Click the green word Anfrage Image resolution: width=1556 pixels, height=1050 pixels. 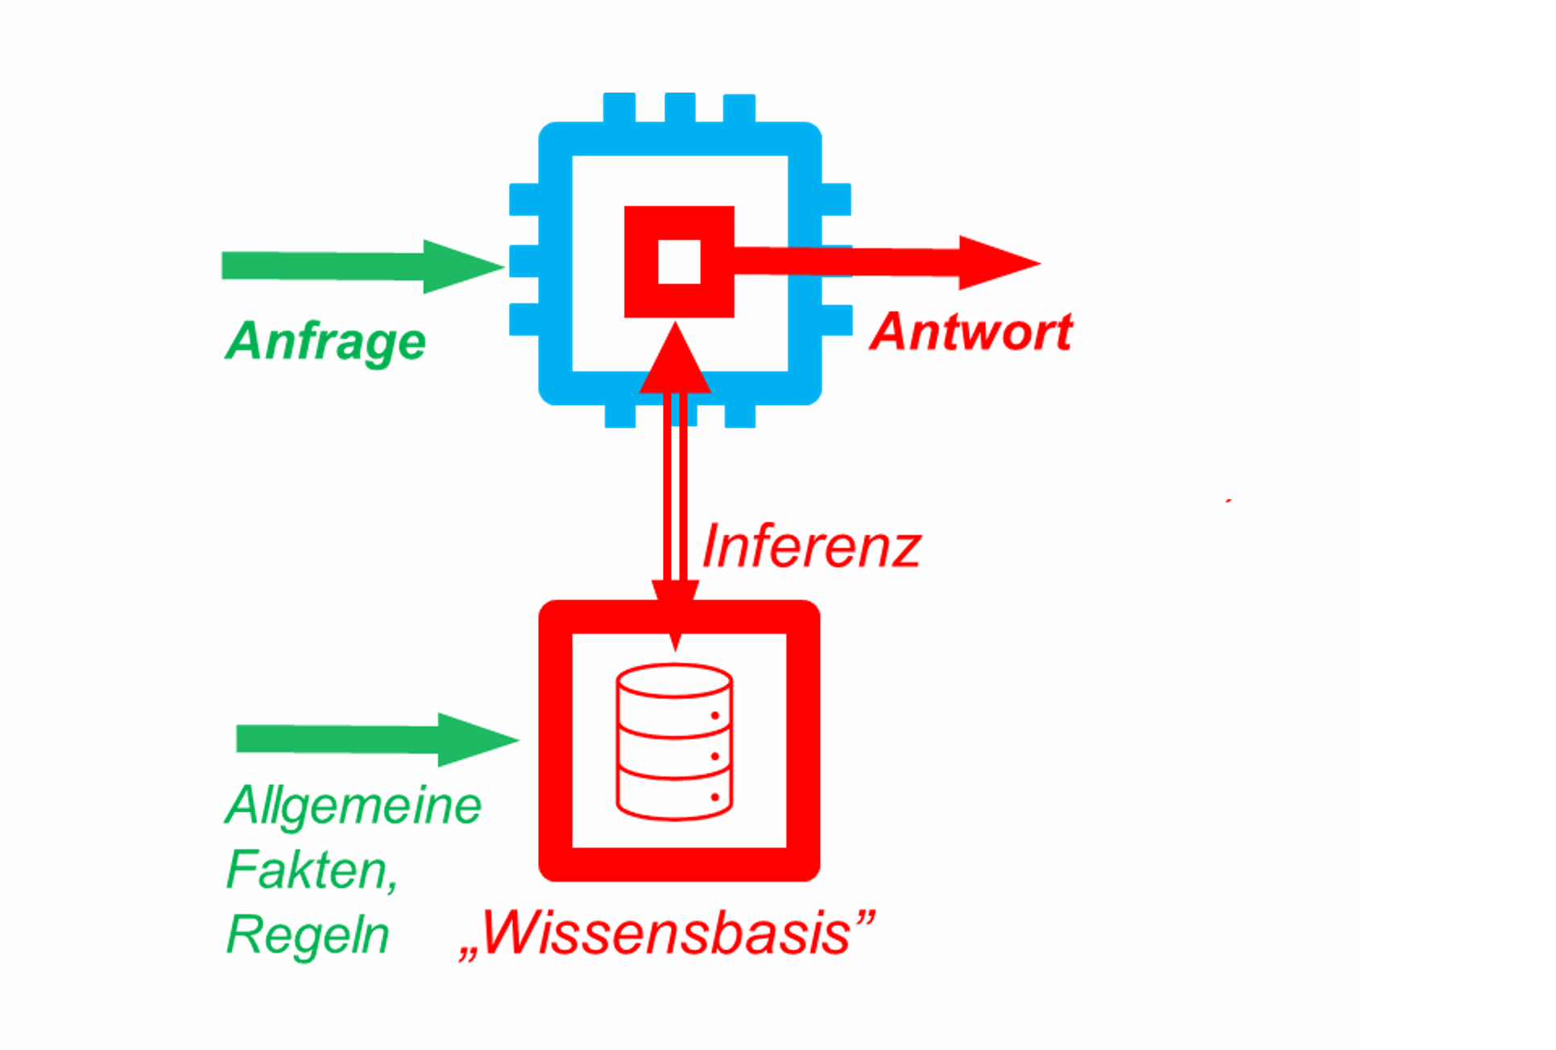tap(325, 341)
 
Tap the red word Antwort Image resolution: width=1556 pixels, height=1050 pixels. tap(971, 332)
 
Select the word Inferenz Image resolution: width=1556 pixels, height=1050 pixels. tap(810, 547)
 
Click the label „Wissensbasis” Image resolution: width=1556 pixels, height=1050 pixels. tap(666, 934)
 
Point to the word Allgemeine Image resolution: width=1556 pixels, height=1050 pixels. tap(353, 805)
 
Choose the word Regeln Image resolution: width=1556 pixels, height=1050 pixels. tap(308, 935)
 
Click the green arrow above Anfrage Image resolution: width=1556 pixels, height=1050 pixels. tap(362, 267)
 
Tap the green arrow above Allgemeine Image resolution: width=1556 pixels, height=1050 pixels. tap(377, 739)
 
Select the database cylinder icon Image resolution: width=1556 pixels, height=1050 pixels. tap(674, 742)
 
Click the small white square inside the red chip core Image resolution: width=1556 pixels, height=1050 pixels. tap(679, 262)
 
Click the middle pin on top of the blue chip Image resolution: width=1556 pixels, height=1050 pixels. tap(680, 107)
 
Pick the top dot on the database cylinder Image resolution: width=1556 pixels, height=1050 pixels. tap(714, 716)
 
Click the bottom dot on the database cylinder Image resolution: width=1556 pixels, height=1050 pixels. tap(714, 798)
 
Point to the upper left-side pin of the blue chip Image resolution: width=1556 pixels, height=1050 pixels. tap(524, 199)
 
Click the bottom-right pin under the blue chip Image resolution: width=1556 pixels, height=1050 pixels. tap(739, 415)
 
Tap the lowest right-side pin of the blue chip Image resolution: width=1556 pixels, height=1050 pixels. tap(837, 320)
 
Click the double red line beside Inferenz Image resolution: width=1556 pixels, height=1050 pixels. tap(675, 499)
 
